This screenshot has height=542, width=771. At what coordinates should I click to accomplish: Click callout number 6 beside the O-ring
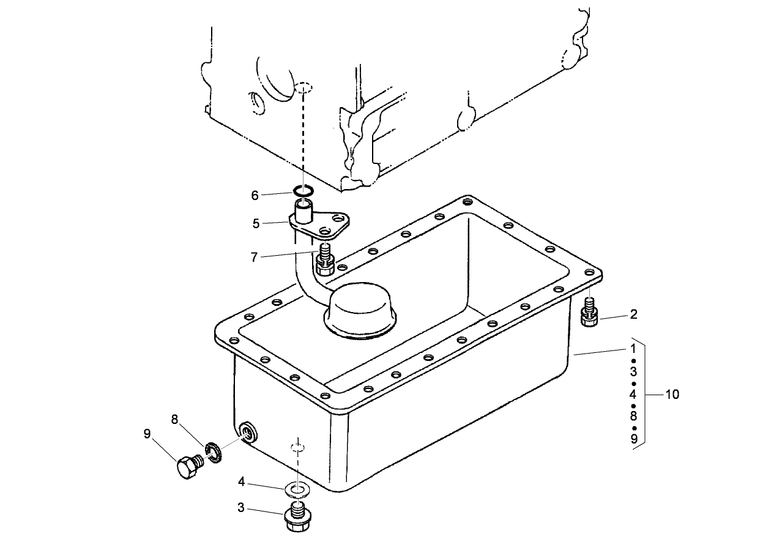pos(255,195)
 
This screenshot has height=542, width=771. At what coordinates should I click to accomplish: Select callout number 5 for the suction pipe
pos(256,223)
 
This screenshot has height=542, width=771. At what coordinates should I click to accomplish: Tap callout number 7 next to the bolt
pos(254,257)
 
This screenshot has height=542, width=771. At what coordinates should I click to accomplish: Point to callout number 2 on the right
pos(633,315)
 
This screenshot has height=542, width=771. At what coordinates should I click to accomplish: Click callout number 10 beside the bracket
pos(672,395)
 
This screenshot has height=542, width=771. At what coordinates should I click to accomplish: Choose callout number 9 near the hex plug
pos(147,434)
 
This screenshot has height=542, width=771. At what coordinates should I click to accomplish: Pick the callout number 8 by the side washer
pos(174,420)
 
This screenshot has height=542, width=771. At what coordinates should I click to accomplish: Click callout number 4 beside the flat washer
pos(242,482)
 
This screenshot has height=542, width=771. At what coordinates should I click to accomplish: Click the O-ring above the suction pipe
pos(304,191)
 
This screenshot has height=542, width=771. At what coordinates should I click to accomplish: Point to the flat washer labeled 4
pos(298,489)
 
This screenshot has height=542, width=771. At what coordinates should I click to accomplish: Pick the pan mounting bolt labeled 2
pos(589,314)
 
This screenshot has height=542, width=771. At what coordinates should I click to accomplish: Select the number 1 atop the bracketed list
pos(633,348)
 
